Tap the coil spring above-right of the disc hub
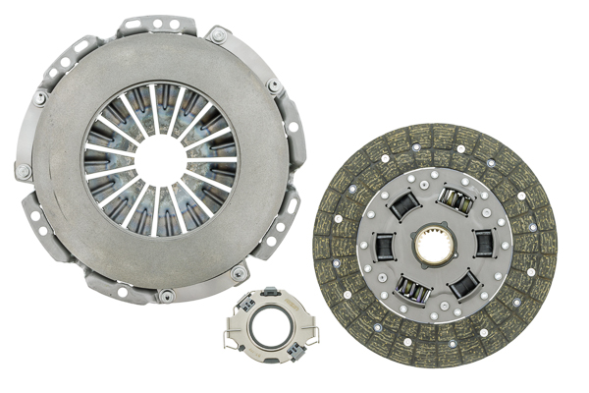coord(455,201)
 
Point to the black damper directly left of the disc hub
coord(384,245)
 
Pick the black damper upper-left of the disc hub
coord(403,205)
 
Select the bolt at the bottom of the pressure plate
coord(167,295)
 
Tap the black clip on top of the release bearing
coord(271,292)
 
